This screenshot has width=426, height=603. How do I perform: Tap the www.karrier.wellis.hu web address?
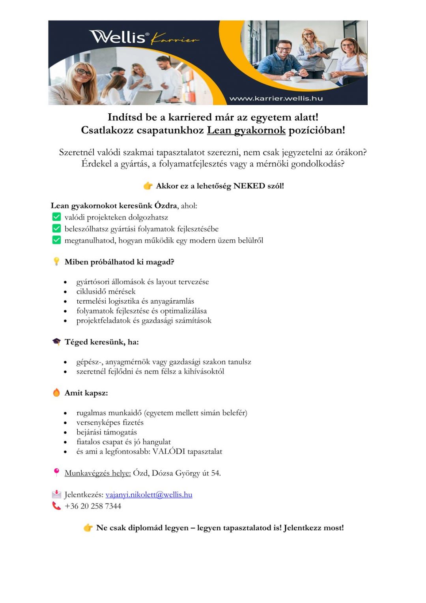pos(276,98)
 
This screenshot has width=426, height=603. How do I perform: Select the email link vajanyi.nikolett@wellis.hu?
pos(149,494)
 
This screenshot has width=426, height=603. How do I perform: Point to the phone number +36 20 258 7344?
pos(93,506)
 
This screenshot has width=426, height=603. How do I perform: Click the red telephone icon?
pos(56,505)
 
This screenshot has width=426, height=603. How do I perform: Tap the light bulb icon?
pos(56,261)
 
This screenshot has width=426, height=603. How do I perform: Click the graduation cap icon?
pos(56,342)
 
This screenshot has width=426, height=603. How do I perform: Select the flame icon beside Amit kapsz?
pos(56,393)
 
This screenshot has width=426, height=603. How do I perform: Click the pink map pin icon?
pos(56,472)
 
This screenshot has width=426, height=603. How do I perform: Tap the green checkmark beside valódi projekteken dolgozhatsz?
pos(56,217)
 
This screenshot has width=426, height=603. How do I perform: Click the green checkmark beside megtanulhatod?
pos(56,240)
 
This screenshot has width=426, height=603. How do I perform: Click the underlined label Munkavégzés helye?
pos(97,473)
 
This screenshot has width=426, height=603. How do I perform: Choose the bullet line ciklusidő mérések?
pos(106,291)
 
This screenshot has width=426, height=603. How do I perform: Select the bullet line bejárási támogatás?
pos(106,432)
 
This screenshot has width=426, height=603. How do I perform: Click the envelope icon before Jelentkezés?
pos(56,494)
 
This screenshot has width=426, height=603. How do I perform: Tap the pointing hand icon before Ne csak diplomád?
pos(88,528)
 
